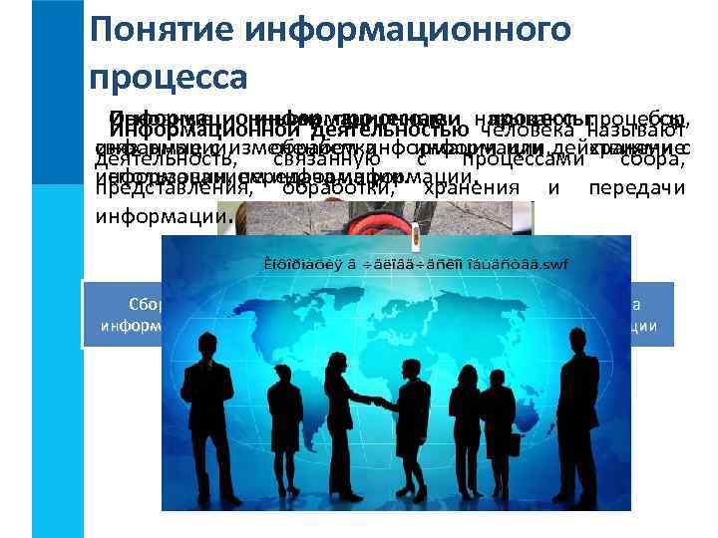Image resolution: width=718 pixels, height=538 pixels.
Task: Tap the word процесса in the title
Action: point(167,75)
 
